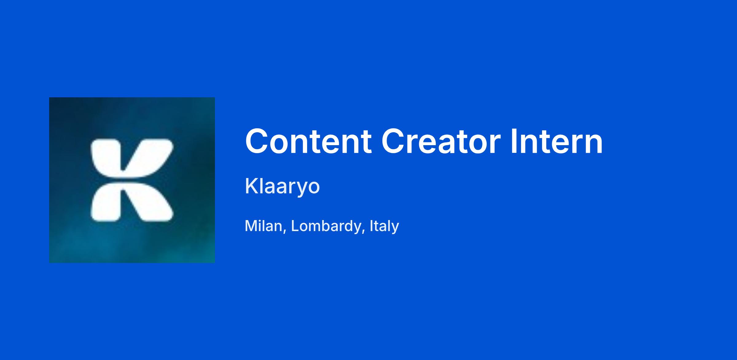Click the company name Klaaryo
282,186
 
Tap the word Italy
384,226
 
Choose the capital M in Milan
251,226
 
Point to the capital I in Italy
372,226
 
